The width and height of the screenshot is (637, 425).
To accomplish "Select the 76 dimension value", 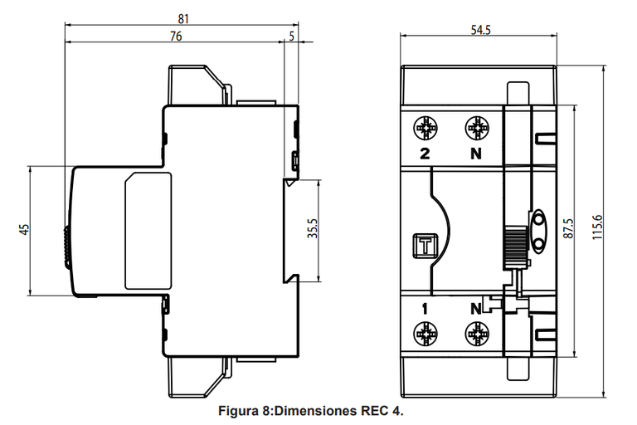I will (x=176, y=37).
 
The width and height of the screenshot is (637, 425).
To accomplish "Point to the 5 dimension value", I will (x=291, y=37).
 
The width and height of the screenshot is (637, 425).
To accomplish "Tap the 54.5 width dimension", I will (x=480, y=31).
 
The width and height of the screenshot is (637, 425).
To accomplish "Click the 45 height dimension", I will (x=25, y=230).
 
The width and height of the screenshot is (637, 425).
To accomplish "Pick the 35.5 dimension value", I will (x=312, y=230).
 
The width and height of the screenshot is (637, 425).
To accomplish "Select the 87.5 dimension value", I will (x=567, y=230).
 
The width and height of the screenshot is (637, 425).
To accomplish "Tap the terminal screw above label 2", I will (x=425, y=129).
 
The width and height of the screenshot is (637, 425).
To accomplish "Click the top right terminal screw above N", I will (x=476, y=129).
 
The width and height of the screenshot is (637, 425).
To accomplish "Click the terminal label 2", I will (x=425, y=154).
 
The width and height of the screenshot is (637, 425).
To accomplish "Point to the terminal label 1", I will (x=425, y=309).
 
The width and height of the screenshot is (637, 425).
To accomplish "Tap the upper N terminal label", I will (x=476, y=154).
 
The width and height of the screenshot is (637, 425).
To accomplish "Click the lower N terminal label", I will (x=476, y=309).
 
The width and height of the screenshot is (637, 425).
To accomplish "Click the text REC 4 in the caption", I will (x=383, y=412).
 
